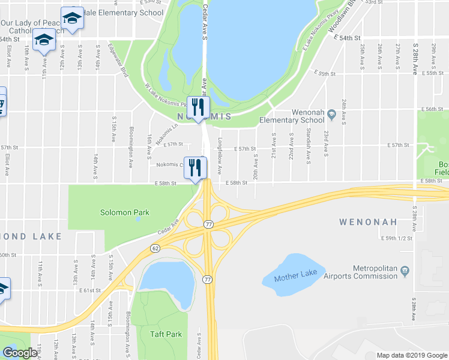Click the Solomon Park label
tap(125, 212)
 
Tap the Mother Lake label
tap(294, 278)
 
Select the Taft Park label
tap(166, 334)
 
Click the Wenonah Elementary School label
tap(300, 116)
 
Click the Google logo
tap(19, 353)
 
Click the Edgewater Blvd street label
tap(119, 61)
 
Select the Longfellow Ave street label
tap(220, 157)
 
